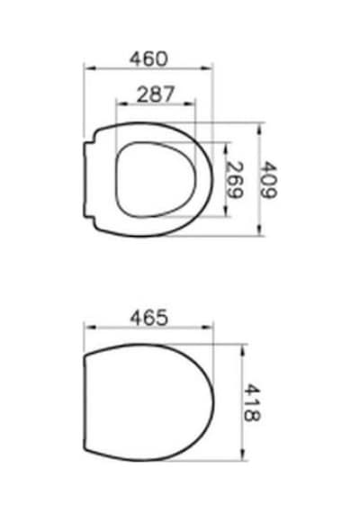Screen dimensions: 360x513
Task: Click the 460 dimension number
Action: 148,58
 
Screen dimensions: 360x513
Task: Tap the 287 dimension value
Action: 156,94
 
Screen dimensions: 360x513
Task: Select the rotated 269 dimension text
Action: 235,180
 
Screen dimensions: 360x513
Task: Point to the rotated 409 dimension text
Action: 268,179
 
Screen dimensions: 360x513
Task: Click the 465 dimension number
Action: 149,318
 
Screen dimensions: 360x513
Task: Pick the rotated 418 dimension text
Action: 252,402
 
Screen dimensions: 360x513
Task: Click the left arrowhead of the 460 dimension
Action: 89,68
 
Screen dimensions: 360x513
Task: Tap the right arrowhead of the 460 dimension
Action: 206,68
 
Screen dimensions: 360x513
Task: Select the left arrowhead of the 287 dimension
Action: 122,103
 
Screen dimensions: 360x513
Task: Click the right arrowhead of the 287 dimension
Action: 189,103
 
